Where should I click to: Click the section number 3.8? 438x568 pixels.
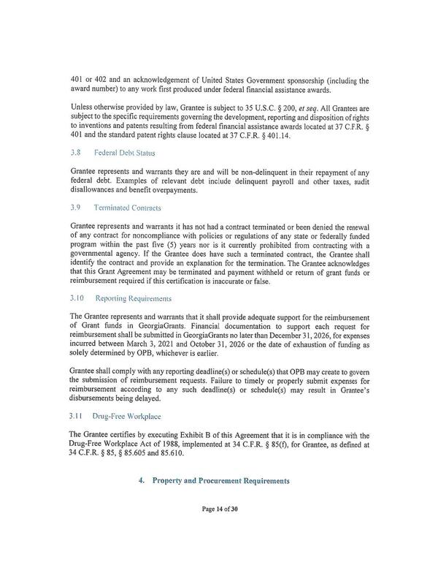tap(74, 154)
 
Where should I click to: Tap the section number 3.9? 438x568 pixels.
tap(74, 208)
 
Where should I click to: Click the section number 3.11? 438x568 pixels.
tap(77, 416)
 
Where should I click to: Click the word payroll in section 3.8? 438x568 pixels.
tap(283, 182)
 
